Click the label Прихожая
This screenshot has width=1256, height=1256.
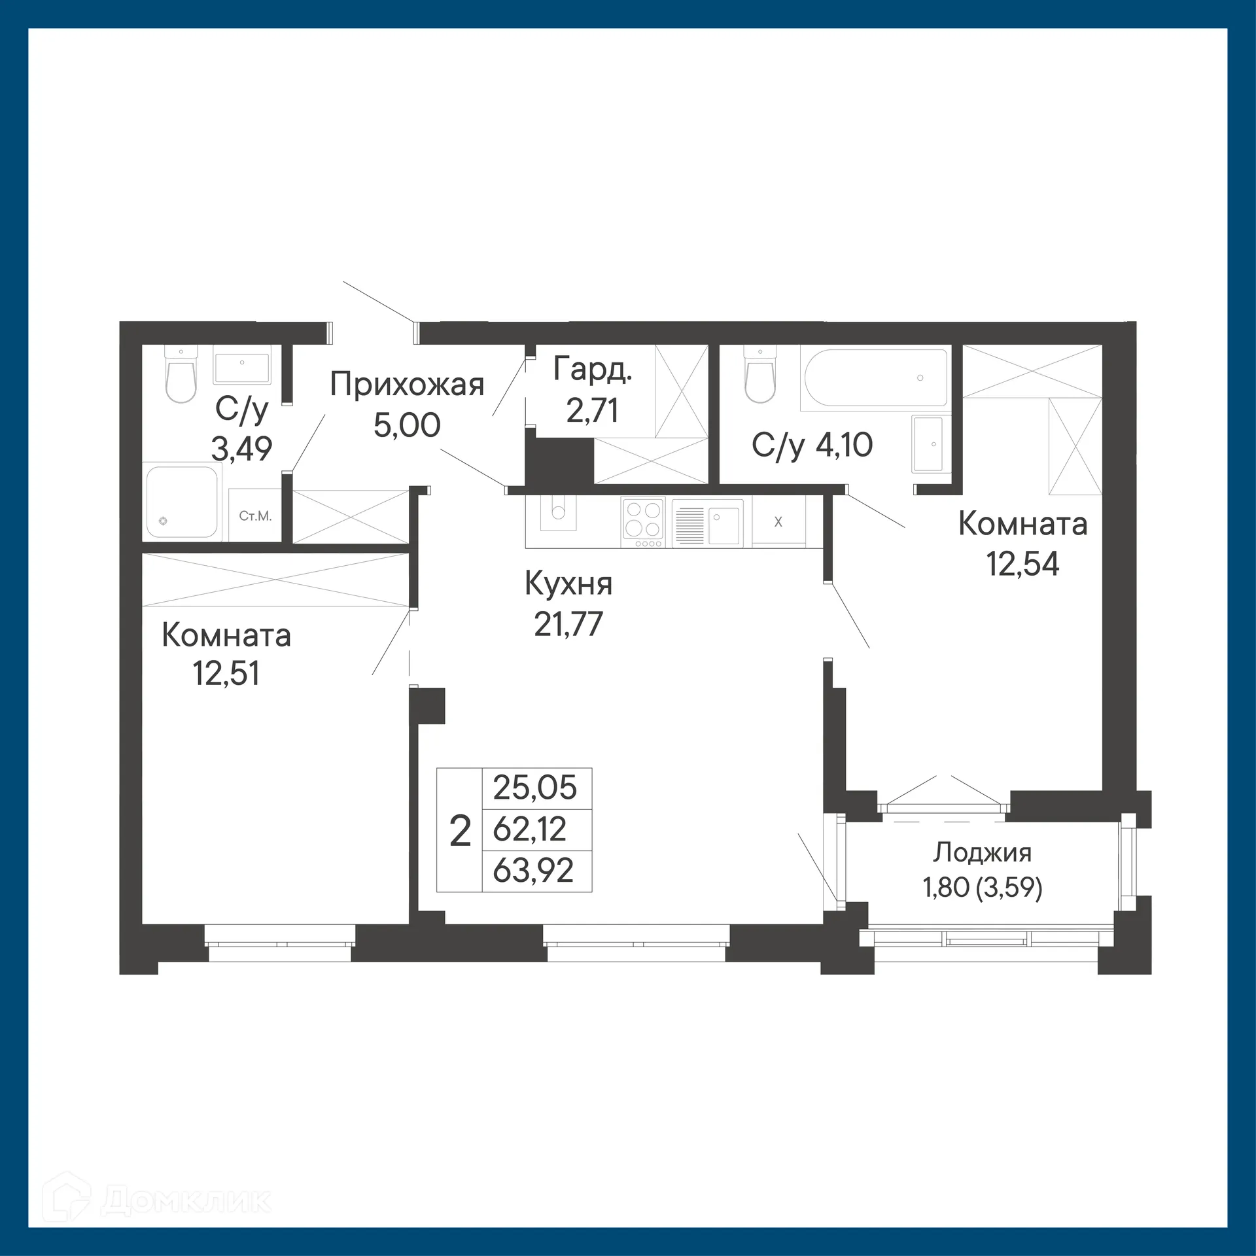point(406,385)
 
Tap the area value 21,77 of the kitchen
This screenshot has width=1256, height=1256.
point(568,624)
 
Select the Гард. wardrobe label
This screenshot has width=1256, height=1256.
point(593,370)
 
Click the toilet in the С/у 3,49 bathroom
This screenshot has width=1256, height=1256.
point(181,375)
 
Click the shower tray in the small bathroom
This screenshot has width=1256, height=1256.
point(181,501)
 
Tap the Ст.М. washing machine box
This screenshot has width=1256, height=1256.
point(255,516)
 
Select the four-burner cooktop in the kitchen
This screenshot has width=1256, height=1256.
point(643,523)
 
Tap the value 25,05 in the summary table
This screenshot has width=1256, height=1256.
point(534,788)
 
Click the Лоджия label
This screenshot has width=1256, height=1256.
point(982,853)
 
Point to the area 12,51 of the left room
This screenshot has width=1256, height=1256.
point(226,673)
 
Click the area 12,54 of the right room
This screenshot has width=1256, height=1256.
point(1022,564)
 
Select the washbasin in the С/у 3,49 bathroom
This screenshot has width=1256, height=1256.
point(241,368)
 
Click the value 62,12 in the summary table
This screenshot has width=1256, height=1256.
point(529,829)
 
